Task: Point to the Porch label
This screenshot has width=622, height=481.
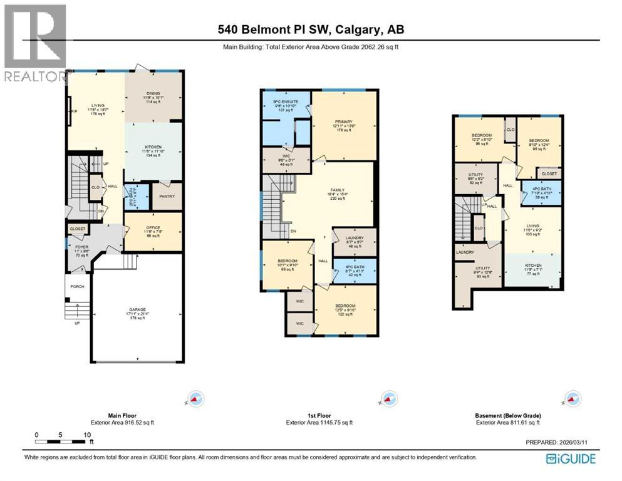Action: (76, 287)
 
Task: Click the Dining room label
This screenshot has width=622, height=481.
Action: (152, 98)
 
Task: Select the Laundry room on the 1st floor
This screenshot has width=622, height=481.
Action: (354, 242)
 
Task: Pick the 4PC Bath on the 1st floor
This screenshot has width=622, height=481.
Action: (354, 270)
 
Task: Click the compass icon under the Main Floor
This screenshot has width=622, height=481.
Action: (195, 398)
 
